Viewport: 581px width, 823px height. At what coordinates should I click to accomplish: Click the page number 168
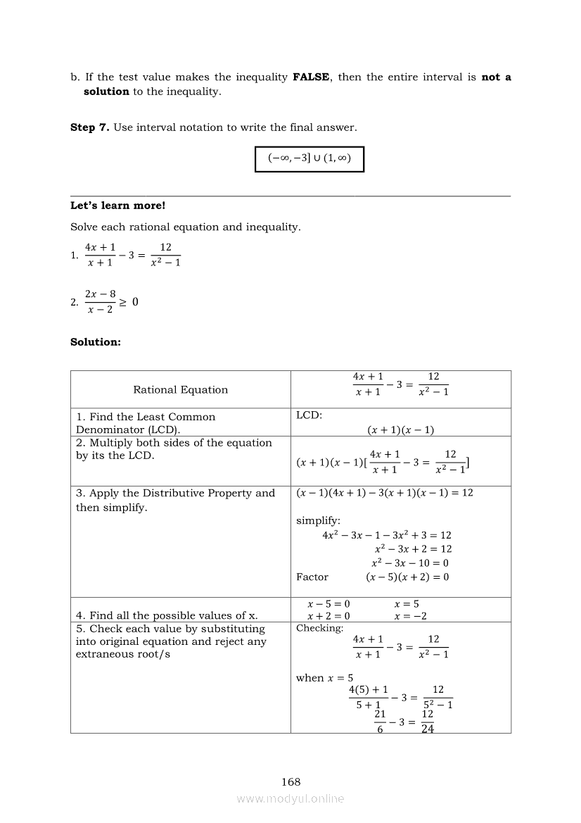(290, 781)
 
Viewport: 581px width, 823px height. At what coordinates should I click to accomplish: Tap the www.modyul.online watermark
(290, 798)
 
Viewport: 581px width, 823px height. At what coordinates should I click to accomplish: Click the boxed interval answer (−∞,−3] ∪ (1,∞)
(309, 158)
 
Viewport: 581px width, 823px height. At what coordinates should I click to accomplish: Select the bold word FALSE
(311, 77)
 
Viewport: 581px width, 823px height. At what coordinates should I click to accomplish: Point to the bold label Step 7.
(89, 127)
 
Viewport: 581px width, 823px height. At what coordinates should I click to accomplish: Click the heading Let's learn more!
(117, 206)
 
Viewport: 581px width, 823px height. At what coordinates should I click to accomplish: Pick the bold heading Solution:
(96, 342)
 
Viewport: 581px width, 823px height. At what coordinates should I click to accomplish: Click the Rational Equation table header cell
(181, 389)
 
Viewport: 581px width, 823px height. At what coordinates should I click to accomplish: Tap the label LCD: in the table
(309, 415)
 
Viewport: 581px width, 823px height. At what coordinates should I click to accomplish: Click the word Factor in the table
(312, 577)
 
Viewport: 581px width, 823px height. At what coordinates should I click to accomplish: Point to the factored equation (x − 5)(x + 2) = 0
(407, 577)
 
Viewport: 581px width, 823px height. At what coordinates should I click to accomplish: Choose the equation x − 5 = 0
(329, 604)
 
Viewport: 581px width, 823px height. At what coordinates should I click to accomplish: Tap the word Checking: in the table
(320, 628)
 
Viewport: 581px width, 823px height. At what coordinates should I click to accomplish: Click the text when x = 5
(324, 678)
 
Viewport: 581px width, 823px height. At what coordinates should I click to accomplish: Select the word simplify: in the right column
(318, 521)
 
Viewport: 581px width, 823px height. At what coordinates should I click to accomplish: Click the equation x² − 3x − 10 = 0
(410, 563)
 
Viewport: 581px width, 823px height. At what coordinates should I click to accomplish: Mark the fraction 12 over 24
(428, 722)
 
